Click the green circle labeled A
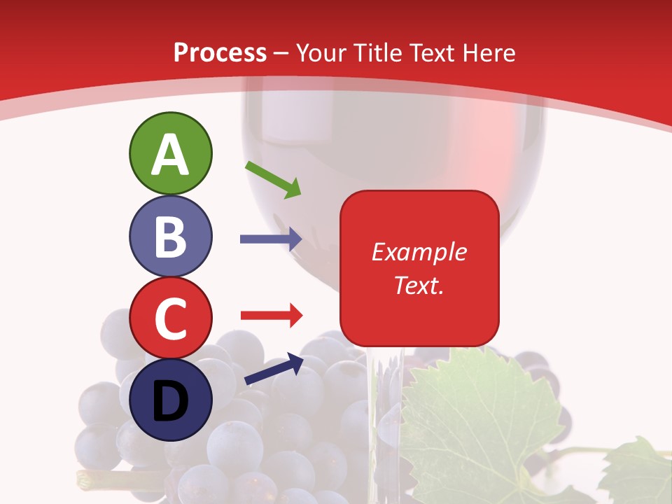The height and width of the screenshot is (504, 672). pos(170,153)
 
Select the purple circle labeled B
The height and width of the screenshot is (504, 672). pos(170,236)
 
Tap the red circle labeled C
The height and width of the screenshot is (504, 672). pos(170,318)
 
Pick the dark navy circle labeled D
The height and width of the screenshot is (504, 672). pos(170,400)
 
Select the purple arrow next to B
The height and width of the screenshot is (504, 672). pos(270,239)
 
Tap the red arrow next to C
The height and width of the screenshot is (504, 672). pos(270,315)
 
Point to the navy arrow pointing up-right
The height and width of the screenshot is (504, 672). pos(274,370)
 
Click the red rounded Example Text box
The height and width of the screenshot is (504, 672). pos(419,268)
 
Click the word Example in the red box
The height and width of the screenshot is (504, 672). pos(419,252)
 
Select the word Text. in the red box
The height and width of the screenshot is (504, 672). pos(419,286)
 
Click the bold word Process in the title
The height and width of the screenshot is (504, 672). pos(220,52)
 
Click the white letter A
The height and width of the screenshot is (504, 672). pos(170,155)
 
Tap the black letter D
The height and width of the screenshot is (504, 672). pos(170,401)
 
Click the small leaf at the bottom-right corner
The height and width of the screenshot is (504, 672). pos(637,472)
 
